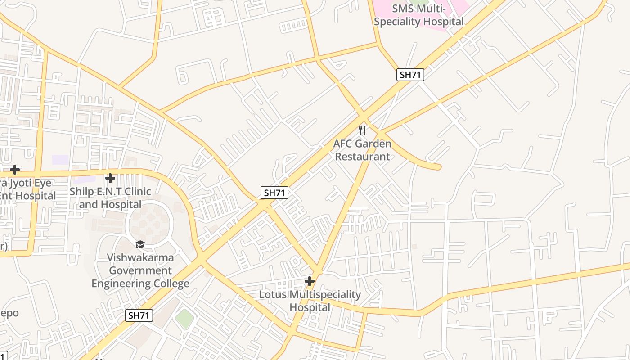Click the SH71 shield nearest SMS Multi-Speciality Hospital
click(x=410, y=75)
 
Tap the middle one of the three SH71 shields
click(x=274, y=193)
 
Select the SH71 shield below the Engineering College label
click(x=139, y=315)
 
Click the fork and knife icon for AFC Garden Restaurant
click(x=362, y=130)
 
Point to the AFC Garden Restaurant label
click(x=362, y=150)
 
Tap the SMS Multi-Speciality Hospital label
click(x=418, y=15)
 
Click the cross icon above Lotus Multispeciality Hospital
click(x=310, y=281)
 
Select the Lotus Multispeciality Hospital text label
click(x=310, y=301)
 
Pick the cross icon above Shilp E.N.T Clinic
click(x=110, y=178)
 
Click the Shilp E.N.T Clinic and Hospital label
click(x=110, y=198)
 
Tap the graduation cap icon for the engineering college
click(x=140, y=244)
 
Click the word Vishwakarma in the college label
click(x=140, y=257)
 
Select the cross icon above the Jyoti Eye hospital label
click(x=15, y=170)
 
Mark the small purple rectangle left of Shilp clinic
click(x=60, y=160)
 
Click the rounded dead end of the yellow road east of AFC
click(x=437, y=167)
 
